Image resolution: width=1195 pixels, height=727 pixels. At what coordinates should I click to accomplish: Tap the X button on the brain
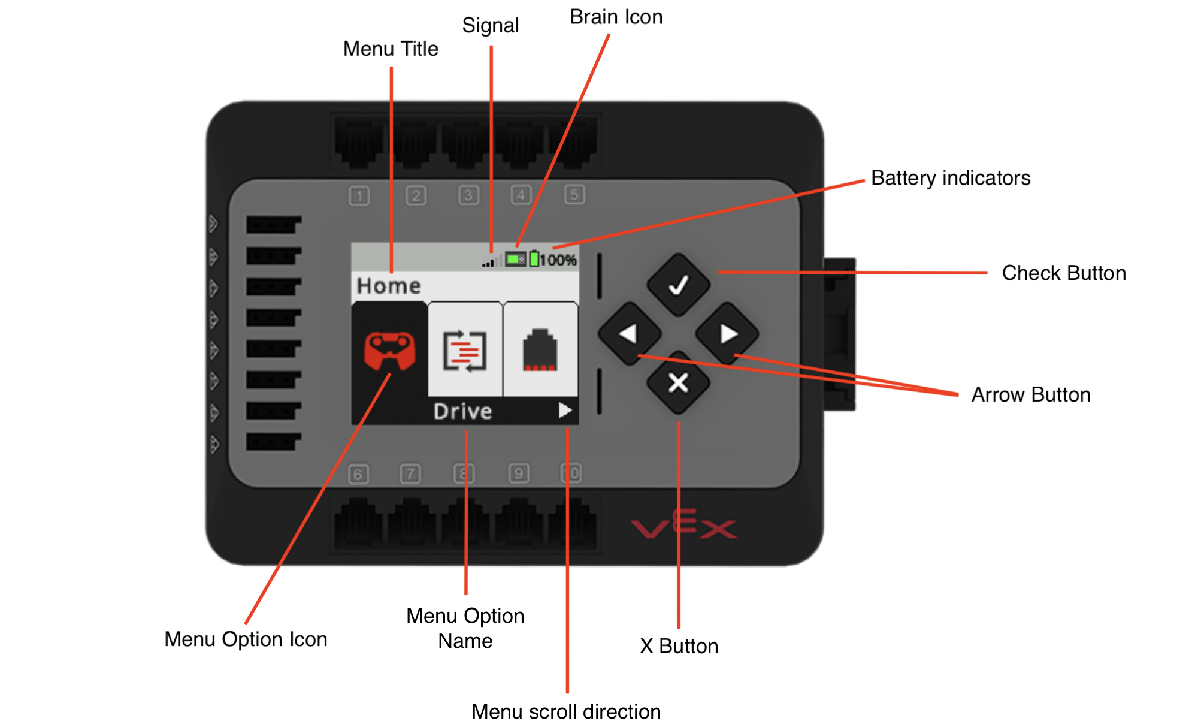click(x=678, y=382)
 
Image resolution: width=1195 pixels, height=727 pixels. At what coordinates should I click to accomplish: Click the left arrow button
click(x=629, y=334)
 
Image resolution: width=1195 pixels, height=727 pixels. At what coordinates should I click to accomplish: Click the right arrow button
click(x=727, y=334)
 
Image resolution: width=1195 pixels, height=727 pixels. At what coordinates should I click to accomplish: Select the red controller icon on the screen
click(x=389, y=351)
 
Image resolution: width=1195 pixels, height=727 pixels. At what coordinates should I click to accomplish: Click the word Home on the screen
click(x=389, y=286)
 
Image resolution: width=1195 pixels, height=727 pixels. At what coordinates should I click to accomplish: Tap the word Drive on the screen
click(x=462, y=411)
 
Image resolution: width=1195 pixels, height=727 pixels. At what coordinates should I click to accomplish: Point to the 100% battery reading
click(x=558, y=260)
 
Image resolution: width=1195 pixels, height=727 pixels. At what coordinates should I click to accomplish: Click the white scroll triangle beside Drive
click(x=565, y=410)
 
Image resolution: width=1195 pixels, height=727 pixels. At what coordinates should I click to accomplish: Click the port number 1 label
click(x=359, y=196)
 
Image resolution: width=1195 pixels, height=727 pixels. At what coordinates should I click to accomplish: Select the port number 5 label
click(x=574, y=194)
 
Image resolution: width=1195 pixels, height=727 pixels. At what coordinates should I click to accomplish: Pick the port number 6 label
click(x=358, y=475)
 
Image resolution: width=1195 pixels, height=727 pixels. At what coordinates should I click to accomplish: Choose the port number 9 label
click(x=518, y=473)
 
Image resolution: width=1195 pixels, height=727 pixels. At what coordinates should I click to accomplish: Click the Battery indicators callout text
click(x=950, y=178)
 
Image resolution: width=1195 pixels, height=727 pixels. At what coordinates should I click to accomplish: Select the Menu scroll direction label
click(x=565, y=711)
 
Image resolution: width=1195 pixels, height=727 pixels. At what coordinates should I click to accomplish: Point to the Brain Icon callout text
click(x=616, y=17)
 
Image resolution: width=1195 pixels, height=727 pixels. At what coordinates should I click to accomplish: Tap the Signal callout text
click(x=490, y=25)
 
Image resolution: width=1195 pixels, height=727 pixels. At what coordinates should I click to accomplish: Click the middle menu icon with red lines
click(x=465, y=351)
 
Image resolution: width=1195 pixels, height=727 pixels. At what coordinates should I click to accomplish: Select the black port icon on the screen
click(x=540, y=350)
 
